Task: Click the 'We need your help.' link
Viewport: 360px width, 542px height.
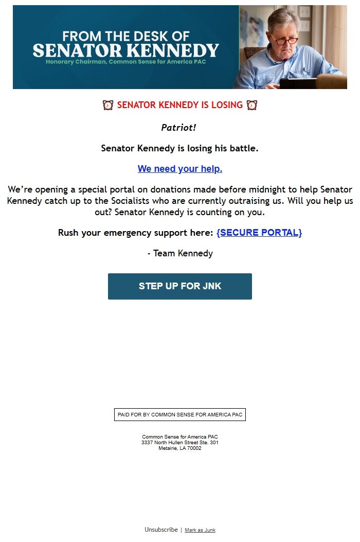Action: pos(180,169)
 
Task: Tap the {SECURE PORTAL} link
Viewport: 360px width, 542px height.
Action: pos(259,233)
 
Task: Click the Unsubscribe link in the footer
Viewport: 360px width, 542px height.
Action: pos(161,530)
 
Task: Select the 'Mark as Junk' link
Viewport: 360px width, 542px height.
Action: pos(200,530)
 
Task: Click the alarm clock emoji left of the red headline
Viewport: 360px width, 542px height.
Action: pos(108,105)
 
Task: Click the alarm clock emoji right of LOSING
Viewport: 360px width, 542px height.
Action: pos(252,105)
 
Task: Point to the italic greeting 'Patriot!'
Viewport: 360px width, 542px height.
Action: pos(178,128)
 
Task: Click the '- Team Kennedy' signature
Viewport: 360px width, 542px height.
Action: pos(180,253)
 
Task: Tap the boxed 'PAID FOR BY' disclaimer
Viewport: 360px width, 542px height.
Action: pos(180,415)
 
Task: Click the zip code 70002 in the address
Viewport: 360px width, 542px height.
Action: pos(194,448)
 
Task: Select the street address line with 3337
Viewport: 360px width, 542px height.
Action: pos(180,443)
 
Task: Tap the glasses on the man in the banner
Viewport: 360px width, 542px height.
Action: pos(285,40)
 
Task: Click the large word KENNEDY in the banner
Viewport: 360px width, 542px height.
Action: pos(173,50)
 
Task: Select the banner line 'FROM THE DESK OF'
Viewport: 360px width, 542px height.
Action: pos(126,37)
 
